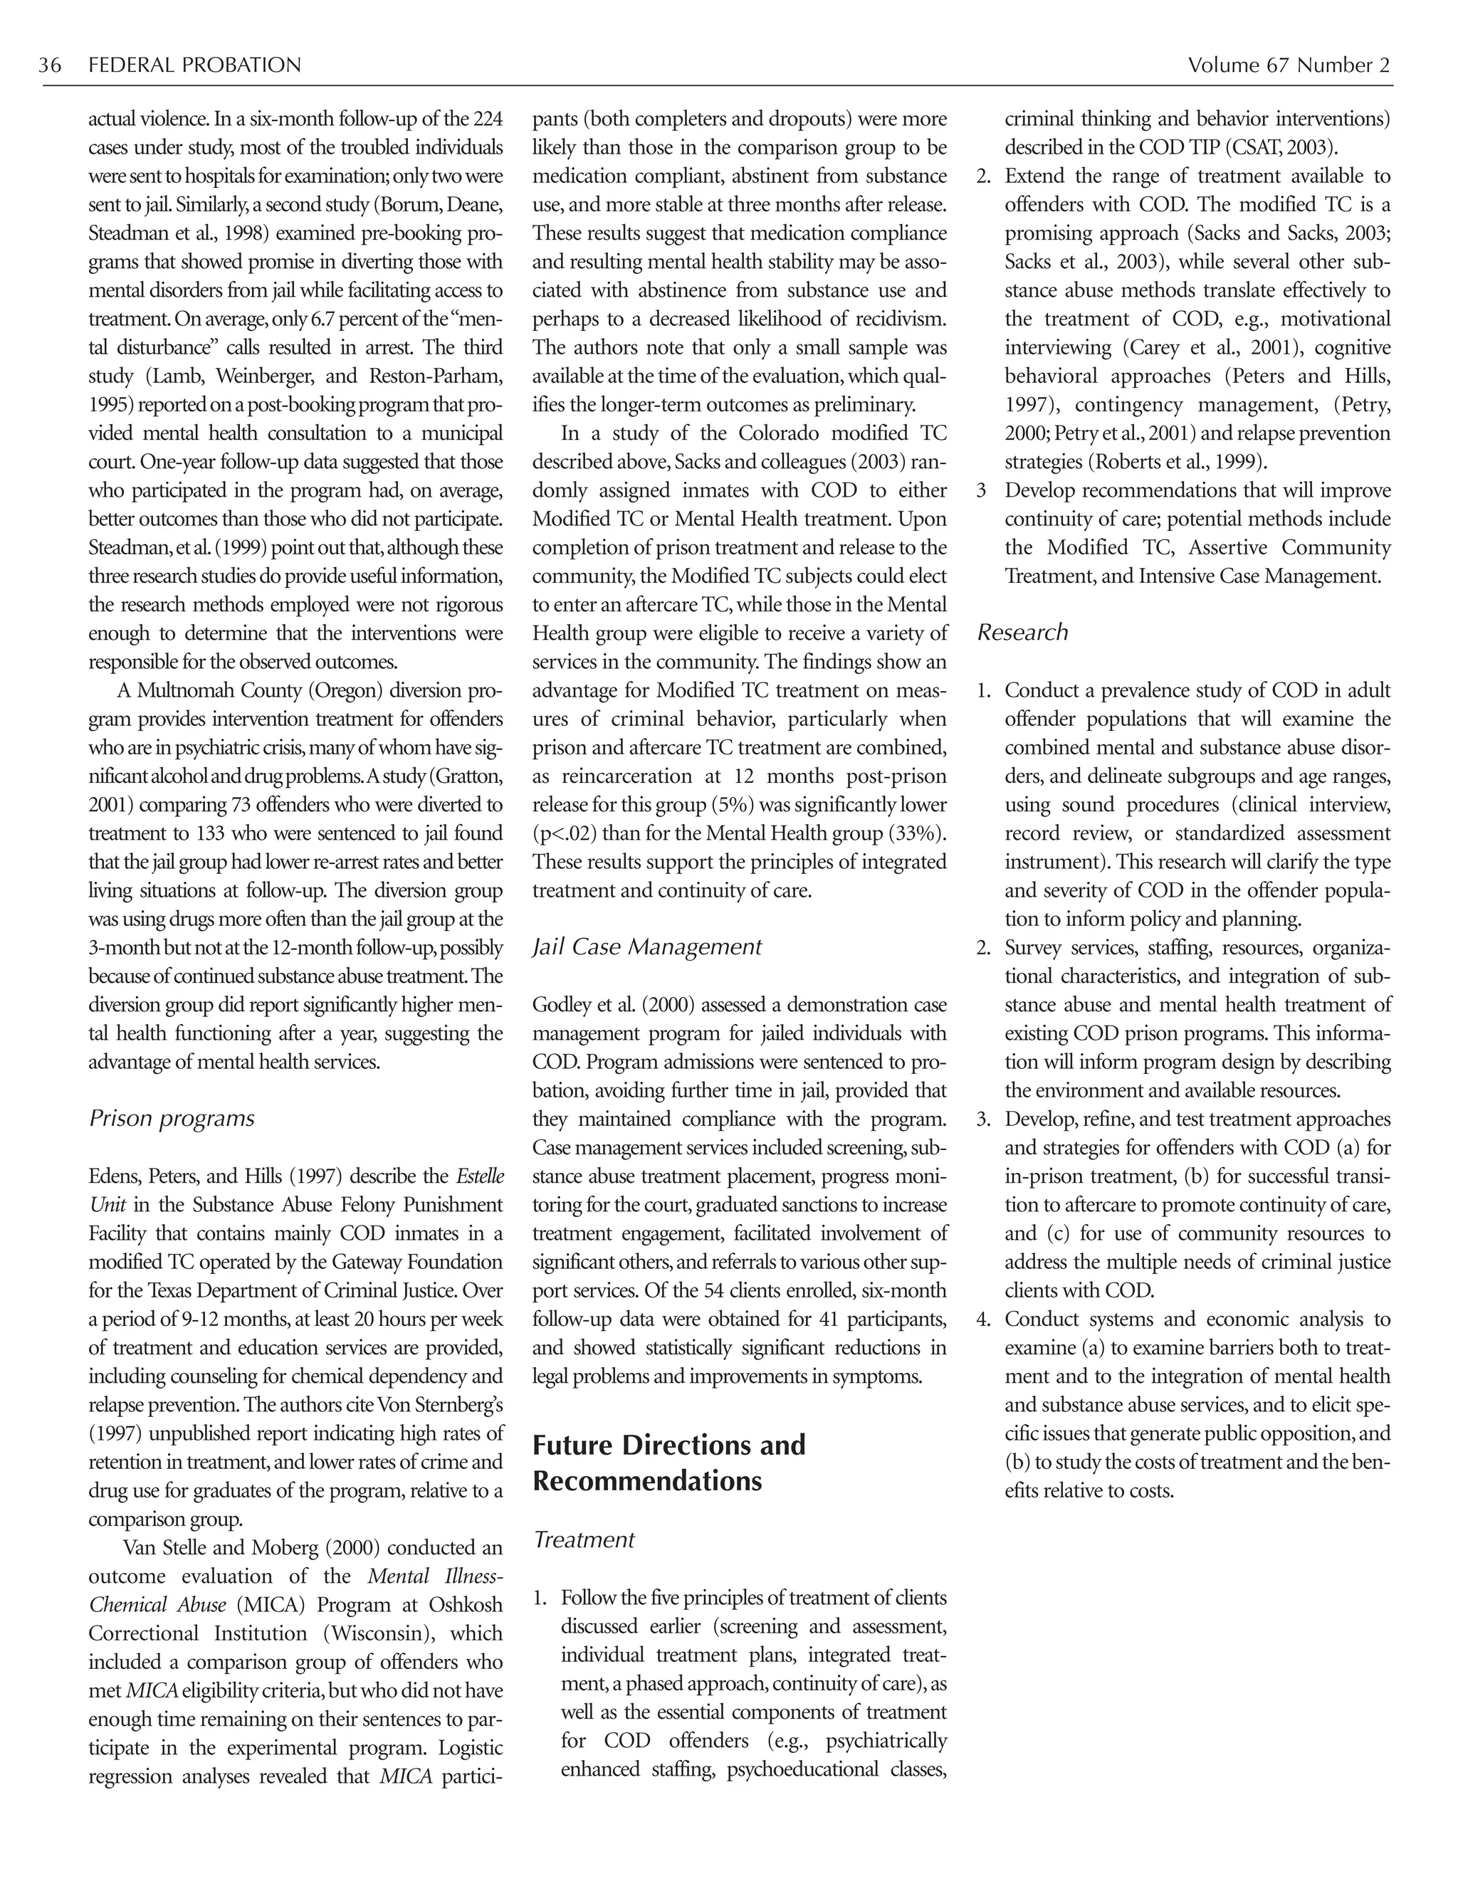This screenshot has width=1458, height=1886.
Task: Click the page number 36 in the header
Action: [49, 65]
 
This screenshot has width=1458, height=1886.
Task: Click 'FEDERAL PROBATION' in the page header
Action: [194, 65]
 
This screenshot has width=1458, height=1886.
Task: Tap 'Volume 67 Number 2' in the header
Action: [1288, 65]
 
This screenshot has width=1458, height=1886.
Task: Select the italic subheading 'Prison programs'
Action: [171, 1118]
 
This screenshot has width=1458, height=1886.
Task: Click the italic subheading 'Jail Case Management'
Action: [647, 947]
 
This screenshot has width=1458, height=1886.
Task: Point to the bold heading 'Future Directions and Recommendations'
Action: [668, 1462]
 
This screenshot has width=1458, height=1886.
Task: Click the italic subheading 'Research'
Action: [1023, 632]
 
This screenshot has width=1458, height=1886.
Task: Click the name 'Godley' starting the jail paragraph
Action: [559, 1004]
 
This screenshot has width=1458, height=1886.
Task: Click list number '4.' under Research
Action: [984, 1319]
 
